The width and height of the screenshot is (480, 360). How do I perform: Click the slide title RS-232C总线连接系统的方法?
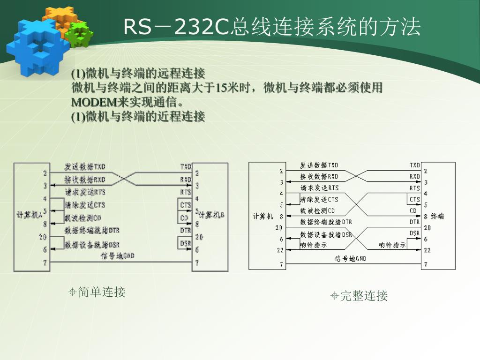click(x=272, y=27)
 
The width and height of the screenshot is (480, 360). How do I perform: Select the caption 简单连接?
click(x=102, y=292)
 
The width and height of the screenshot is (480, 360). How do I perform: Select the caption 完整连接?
click(x=364, y=296)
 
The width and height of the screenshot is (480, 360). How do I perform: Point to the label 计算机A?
click(x=30, y=214)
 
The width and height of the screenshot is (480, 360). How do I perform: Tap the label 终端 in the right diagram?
click(x=437, y=216)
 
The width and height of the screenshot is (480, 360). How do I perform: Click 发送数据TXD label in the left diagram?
click(x=85, y=166)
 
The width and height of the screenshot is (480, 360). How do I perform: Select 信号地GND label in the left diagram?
click(x=118, y=255)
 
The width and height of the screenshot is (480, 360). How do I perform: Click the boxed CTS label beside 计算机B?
click(x=186, y=205)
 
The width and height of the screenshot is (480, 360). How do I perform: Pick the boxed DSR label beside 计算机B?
click(x=186, y=243)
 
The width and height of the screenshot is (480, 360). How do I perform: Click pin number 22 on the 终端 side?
click(x=427, y=250)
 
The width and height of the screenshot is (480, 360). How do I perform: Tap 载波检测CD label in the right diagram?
click(x=318, y=210)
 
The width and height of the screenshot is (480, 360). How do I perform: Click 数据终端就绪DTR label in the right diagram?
click(x=326, y=222)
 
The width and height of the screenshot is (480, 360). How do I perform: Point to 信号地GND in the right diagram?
click(x=350, y=258)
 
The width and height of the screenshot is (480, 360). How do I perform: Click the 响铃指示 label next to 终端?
click(x=392, y=245)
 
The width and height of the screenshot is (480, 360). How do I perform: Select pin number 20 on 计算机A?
click(x=43, y=237)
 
